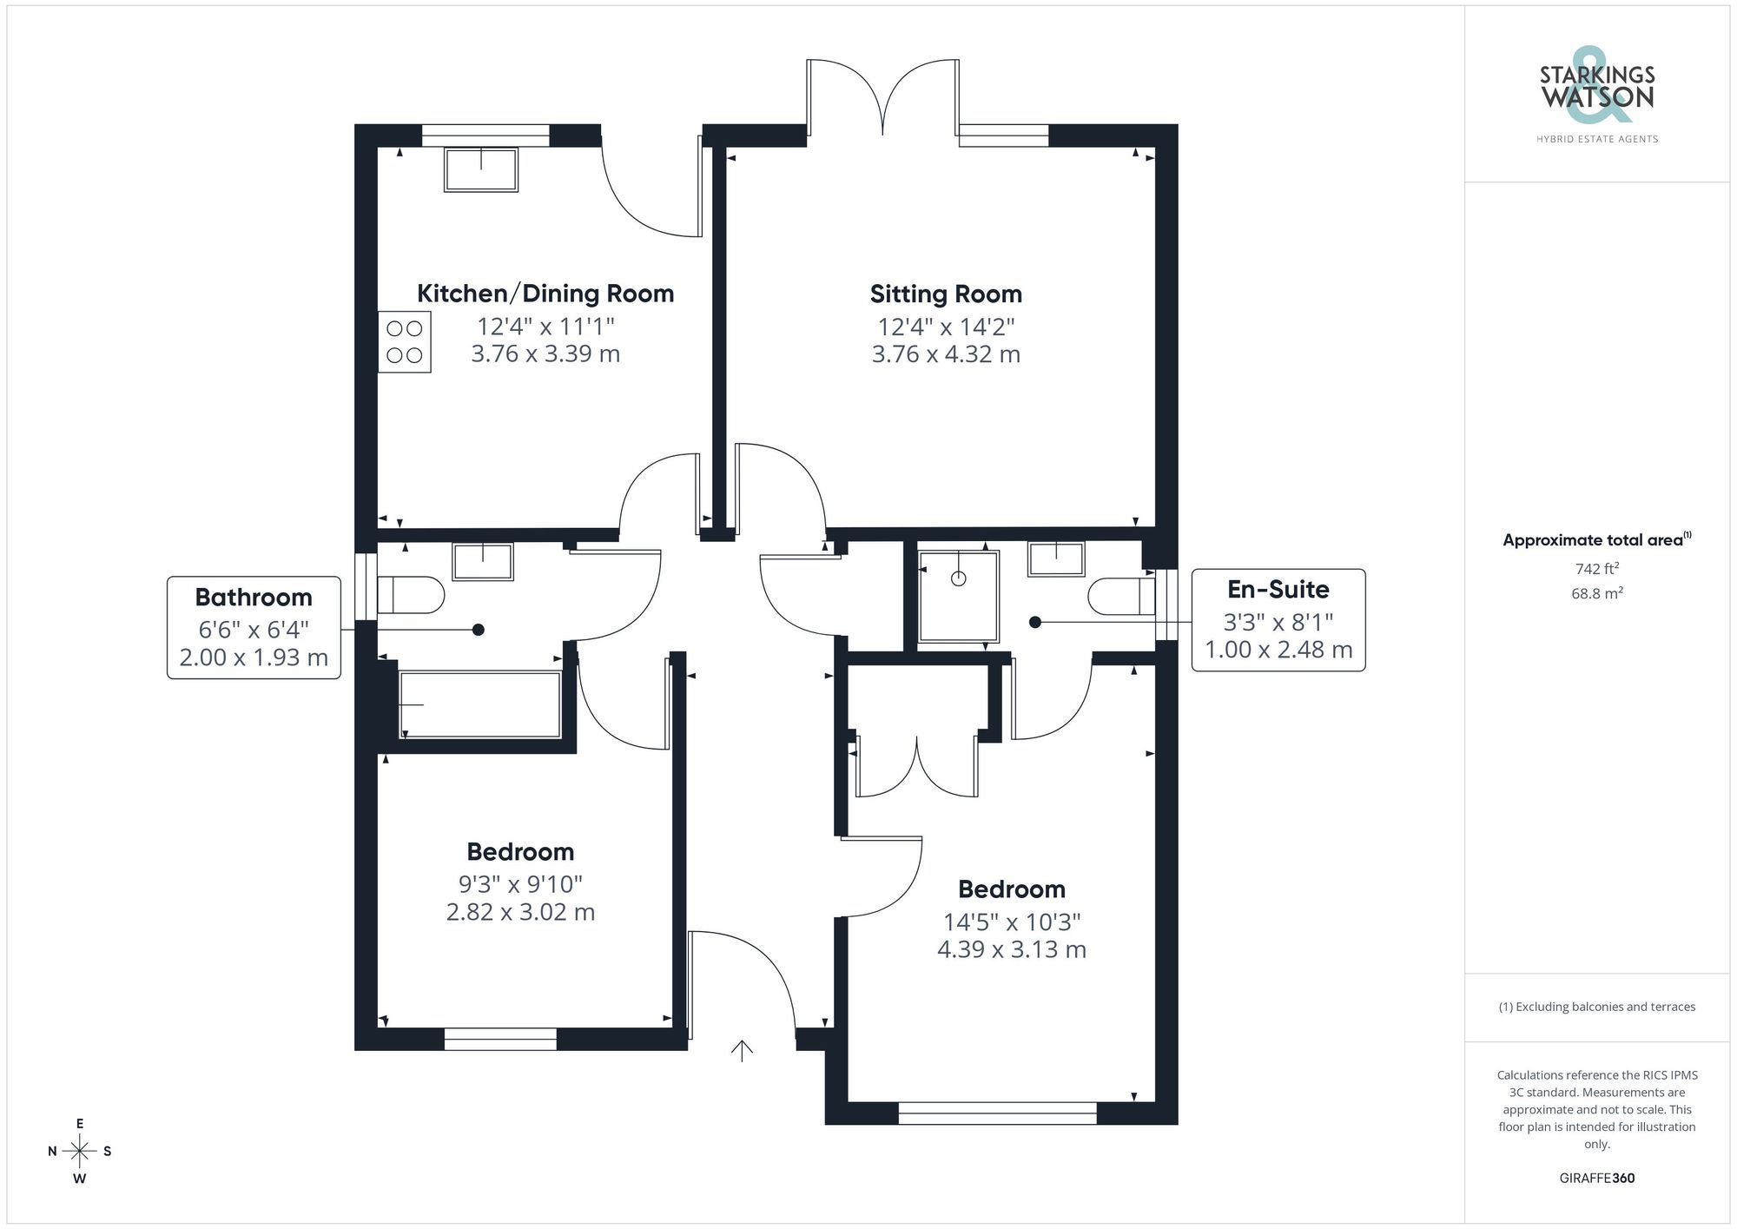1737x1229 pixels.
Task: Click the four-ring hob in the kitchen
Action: [404, 341]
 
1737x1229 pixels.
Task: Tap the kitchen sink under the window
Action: [481, 169]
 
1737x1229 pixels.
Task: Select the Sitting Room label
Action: [946, 294]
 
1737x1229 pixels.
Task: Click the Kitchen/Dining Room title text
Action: [545, 294]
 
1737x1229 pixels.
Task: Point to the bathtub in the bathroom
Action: [479, 704]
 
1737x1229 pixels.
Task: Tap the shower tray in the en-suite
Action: [958, 596]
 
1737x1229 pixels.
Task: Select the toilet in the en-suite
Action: [1121, 597]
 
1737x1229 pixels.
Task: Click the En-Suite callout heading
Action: [1278, 590]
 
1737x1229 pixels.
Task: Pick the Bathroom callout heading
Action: [254, 598]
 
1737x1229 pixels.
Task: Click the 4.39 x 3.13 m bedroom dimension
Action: [1011, 949]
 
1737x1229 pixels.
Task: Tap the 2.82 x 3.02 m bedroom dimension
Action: [520, 912]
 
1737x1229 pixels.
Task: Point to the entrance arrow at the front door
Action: [741, 1051]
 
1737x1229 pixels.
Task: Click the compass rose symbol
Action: [80, 1152]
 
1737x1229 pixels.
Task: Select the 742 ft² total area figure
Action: [1596, 569]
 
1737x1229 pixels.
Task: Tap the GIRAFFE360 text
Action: [1596, 1179]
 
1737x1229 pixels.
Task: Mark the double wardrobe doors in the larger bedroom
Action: [917, 766]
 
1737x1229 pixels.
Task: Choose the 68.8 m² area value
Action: [1596, 594]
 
